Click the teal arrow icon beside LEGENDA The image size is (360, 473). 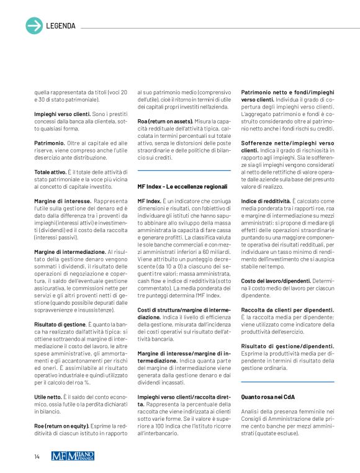34,25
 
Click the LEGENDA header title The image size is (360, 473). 61,26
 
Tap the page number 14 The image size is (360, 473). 37,457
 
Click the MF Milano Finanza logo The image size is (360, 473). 73,456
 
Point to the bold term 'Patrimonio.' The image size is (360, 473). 50,142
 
